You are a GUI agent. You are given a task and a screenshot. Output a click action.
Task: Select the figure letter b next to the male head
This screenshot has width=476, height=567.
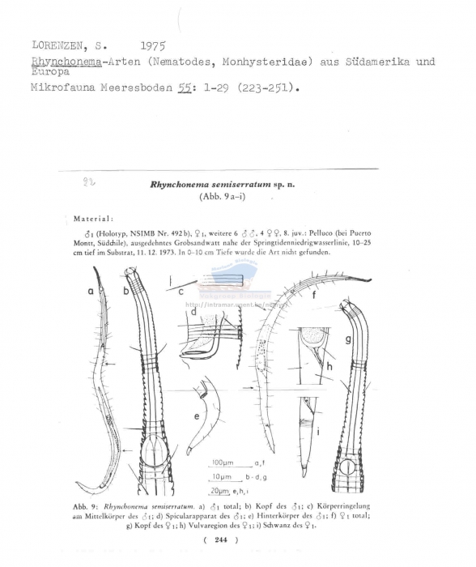pyautogui.click(x=126, y=290)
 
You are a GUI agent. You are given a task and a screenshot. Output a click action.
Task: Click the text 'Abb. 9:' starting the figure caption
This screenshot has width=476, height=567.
pyautogui.click(x=87, y=505)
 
